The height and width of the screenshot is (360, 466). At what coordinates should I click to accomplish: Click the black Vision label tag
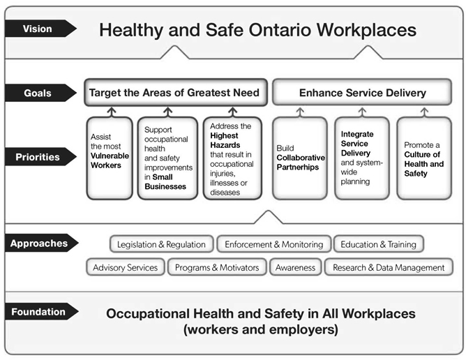pos(38,29)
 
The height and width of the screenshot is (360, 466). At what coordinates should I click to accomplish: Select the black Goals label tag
pos(38,92)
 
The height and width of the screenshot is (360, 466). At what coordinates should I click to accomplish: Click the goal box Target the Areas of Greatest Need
pos(173,92)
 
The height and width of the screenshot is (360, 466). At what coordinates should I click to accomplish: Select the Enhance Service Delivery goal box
pos(362,92)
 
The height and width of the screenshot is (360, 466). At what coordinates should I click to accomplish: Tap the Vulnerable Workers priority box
pos(109,157)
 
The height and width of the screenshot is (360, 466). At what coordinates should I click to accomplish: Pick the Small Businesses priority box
pos(168,157)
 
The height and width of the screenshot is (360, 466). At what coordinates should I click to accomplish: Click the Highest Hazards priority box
pos(232,157)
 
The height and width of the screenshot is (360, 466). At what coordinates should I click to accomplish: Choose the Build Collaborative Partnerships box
pos(299,157)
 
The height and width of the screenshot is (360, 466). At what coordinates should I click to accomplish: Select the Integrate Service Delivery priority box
pos(361,157)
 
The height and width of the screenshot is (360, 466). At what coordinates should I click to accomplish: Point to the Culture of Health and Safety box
pos(424,157)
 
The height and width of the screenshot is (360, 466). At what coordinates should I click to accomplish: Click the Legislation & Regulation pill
pos(161,244)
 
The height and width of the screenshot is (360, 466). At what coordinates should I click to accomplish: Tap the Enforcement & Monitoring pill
pos(273,244)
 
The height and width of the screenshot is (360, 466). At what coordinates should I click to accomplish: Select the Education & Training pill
pos(379,244)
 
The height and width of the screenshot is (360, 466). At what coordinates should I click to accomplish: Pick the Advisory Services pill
pos(126,267)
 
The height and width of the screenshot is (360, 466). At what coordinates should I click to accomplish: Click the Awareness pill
pos(295,267)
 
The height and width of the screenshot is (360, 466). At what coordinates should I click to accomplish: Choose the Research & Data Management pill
pos(389,267)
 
